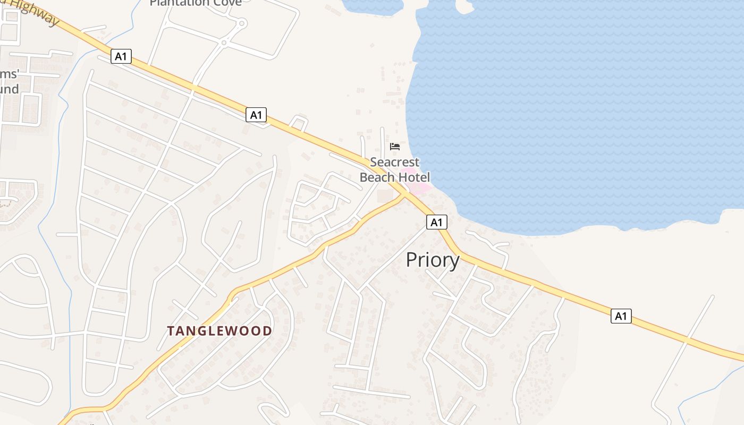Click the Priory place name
(x=433, y=260)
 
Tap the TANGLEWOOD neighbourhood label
(x=219, y=331)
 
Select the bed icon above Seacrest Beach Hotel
(x=394, y=146)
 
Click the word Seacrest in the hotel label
(x=394, y=162)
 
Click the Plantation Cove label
(x=196, y=3)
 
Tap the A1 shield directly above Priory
(x=436, y=222)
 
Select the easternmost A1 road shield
(x=621, y=316)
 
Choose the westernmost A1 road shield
(x=121, y=56)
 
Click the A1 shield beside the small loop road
(x=256, y=114)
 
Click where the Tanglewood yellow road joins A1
(x=405, y=194)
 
